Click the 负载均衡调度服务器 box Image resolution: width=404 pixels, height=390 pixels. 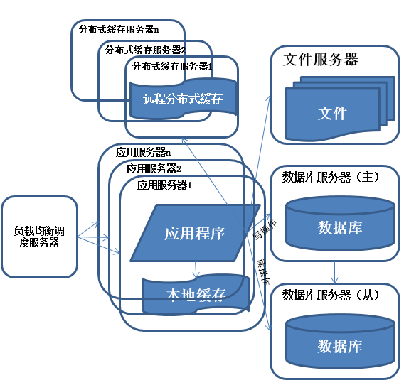tap(39, 237)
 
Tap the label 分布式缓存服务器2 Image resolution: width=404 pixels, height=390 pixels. tap(145, 50)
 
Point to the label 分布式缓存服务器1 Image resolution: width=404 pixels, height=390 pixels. tap(173, 66)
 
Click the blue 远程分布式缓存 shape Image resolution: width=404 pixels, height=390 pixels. tap(183, 99)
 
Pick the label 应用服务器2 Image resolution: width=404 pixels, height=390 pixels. tap(154, 168)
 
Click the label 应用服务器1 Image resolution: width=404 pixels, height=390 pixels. tap(165, 185)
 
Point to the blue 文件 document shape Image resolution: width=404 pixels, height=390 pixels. tap(331, 112)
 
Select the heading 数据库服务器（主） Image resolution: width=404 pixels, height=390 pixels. tap(331, 176)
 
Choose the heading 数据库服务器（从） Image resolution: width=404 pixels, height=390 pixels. tap(331, 294)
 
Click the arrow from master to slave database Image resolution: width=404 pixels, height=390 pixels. tap(335, 272)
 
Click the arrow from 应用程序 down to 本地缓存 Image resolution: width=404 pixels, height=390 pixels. tap(196, 269)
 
